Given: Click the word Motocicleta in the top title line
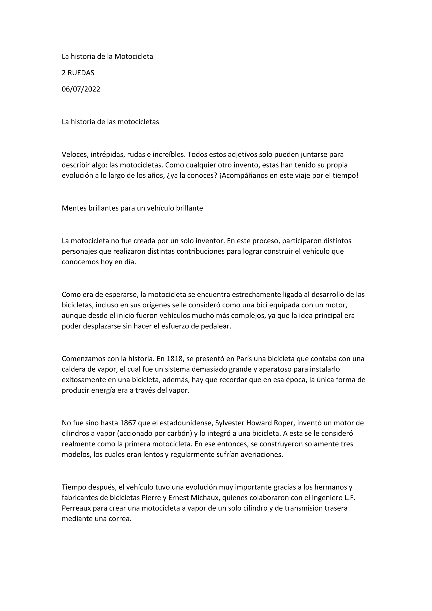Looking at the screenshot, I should [134, 57].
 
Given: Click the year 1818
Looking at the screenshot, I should [175, 359].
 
